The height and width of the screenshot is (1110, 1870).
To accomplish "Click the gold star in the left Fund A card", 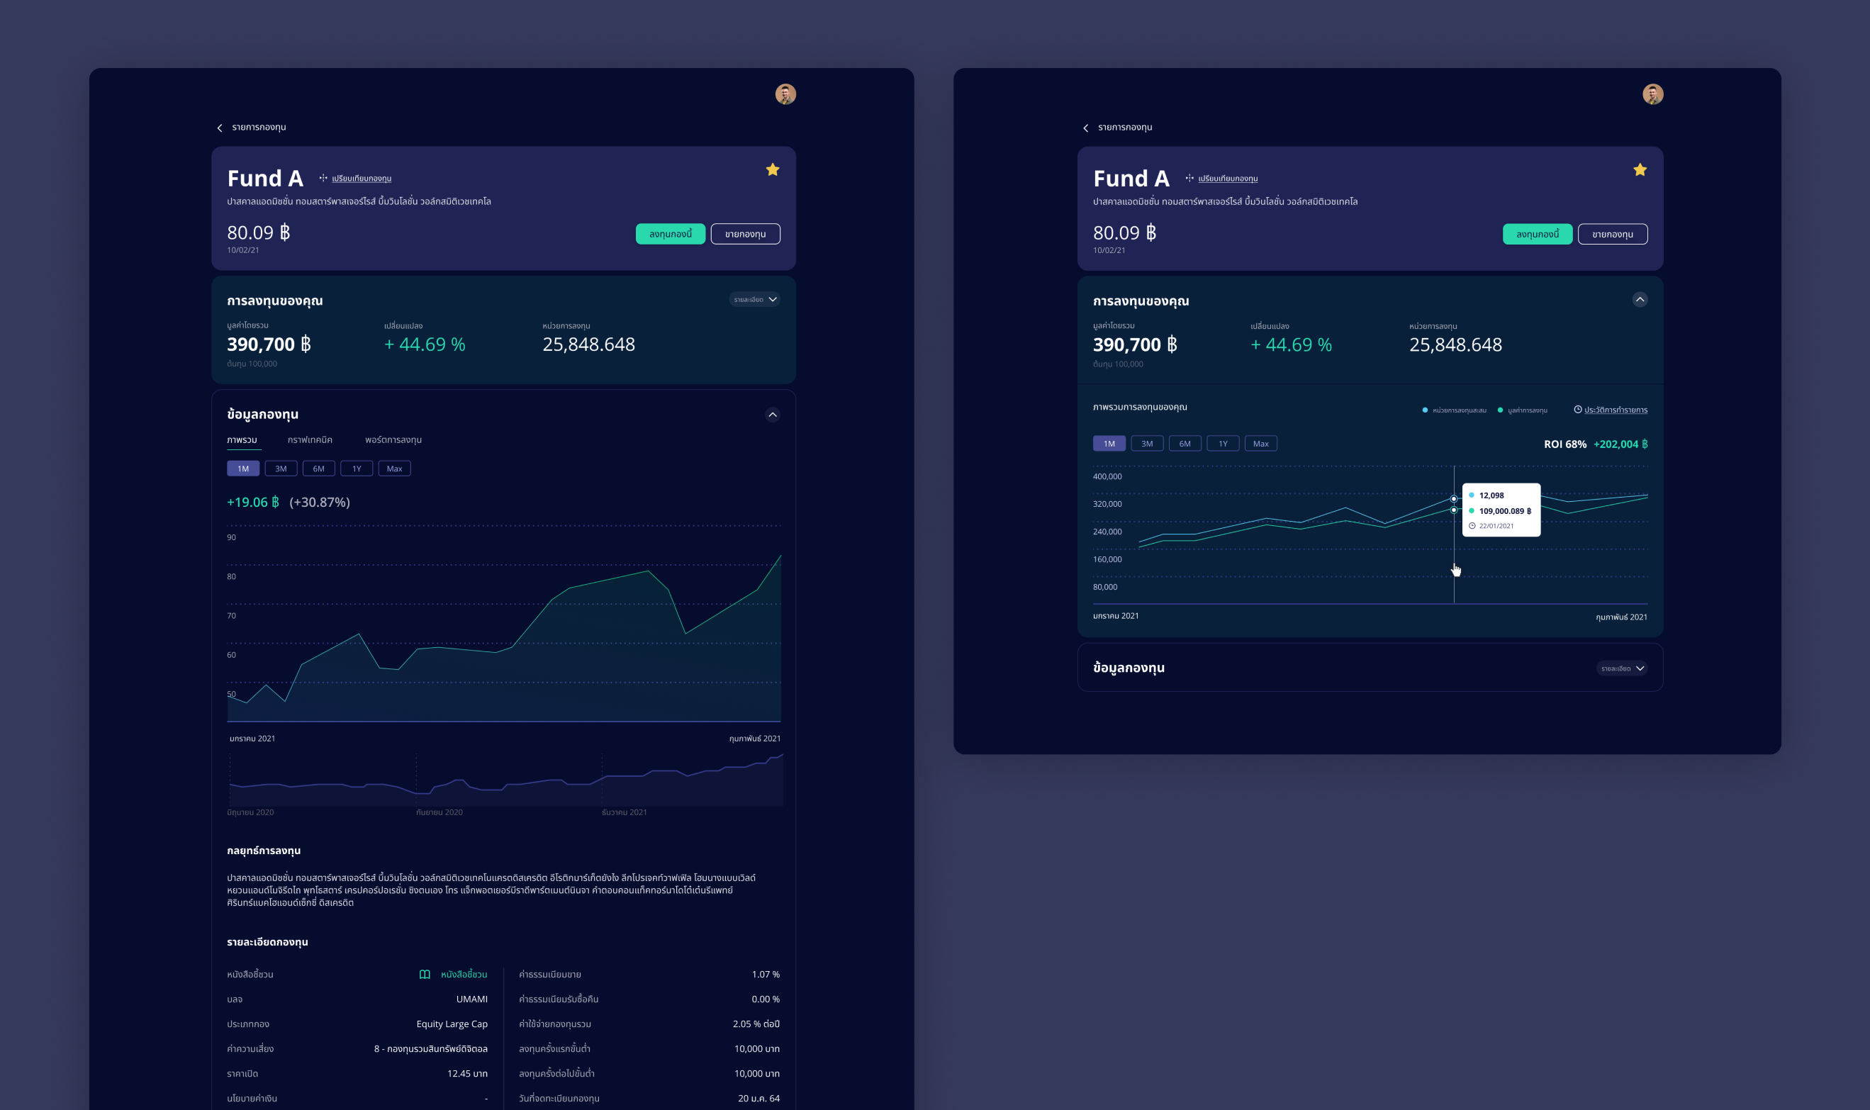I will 773,170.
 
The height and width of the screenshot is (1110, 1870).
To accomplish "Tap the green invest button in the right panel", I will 1537,234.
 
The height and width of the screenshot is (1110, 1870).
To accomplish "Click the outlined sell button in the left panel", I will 745,234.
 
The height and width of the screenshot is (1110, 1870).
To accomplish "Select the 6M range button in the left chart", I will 319,469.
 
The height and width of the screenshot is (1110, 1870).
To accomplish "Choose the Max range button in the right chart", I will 1260,444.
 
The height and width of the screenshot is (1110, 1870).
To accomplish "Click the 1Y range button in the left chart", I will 357,469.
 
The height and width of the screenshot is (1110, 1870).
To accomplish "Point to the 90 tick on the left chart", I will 231,537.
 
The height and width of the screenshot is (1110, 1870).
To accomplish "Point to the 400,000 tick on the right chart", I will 1107,476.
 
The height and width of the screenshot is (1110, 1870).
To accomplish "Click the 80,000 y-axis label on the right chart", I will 1105,587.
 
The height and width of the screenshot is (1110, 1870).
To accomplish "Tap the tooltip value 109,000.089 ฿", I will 1505,512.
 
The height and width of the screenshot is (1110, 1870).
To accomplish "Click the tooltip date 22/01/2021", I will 1496,526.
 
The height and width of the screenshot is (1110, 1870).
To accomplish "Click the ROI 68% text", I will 1564,444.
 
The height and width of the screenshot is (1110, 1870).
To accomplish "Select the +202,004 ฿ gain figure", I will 1620,444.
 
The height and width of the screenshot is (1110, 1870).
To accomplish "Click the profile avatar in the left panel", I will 785,94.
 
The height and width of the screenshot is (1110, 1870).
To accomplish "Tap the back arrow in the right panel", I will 1086,128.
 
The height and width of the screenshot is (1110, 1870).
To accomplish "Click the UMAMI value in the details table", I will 471,999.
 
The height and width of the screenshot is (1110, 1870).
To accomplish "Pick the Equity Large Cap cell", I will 452,1024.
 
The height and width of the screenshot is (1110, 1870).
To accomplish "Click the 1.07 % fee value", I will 765,975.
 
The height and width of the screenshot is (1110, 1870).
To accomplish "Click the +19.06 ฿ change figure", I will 253,502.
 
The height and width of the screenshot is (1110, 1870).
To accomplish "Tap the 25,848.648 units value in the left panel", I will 588,344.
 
